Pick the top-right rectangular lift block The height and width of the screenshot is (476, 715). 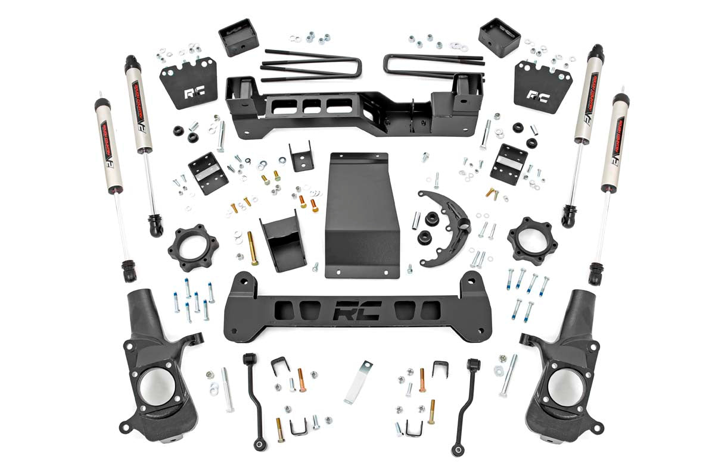pyautogui.click(x=499, y=37)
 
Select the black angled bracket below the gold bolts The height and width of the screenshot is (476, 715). pyautogui.click(x=282, y=242)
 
